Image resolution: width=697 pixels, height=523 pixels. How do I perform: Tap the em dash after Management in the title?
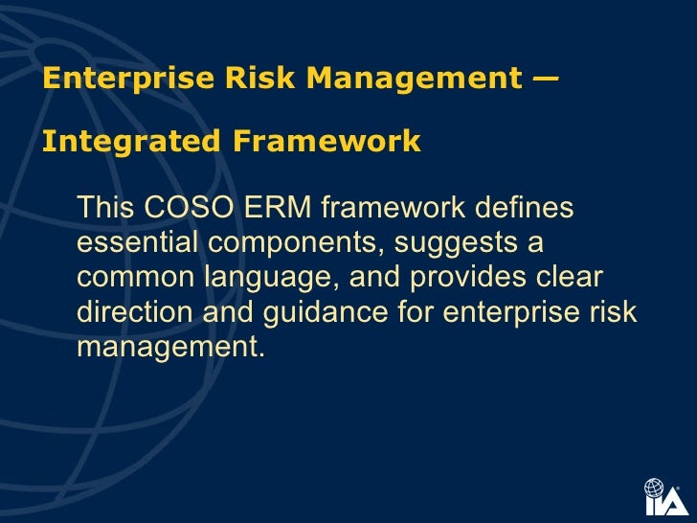tap(546, 79)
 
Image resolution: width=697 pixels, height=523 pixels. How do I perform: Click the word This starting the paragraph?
tap(106, 208)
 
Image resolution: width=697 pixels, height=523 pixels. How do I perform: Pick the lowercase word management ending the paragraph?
tap(169, 348)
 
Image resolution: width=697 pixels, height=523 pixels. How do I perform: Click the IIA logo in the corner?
tap(664, 496)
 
